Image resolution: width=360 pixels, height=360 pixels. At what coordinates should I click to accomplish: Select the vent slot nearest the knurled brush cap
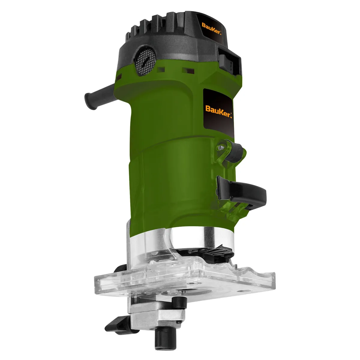[x=162, y=70]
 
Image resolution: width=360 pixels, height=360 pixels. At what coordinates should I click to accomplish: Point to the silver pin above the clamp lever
[x=221, y=148]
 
